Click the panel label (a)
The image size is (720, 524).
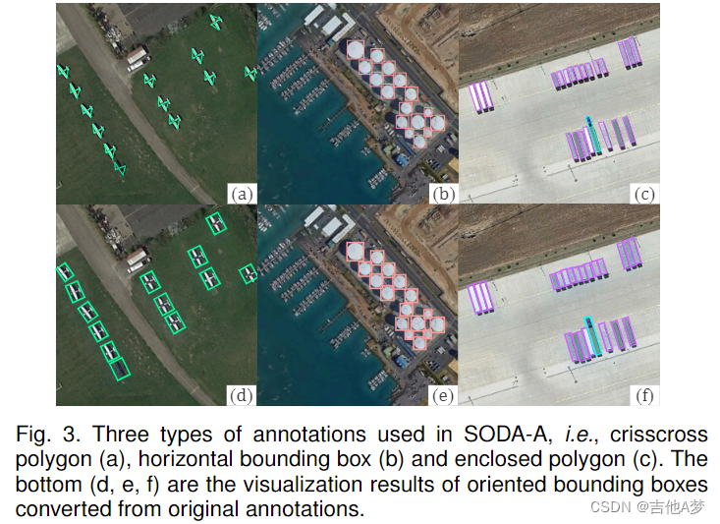(242, 194)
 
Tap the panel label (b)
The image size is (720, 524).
(444, 194)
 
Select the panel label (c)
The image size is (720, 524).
(645, 194)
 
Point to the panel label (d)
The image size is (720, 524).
(242, 395)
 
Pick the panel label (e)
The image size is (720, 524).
(444, 395)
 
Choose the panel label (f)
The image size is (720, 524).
(645, 395)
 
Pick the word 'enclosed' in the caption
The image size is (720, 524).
(441, 460)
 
